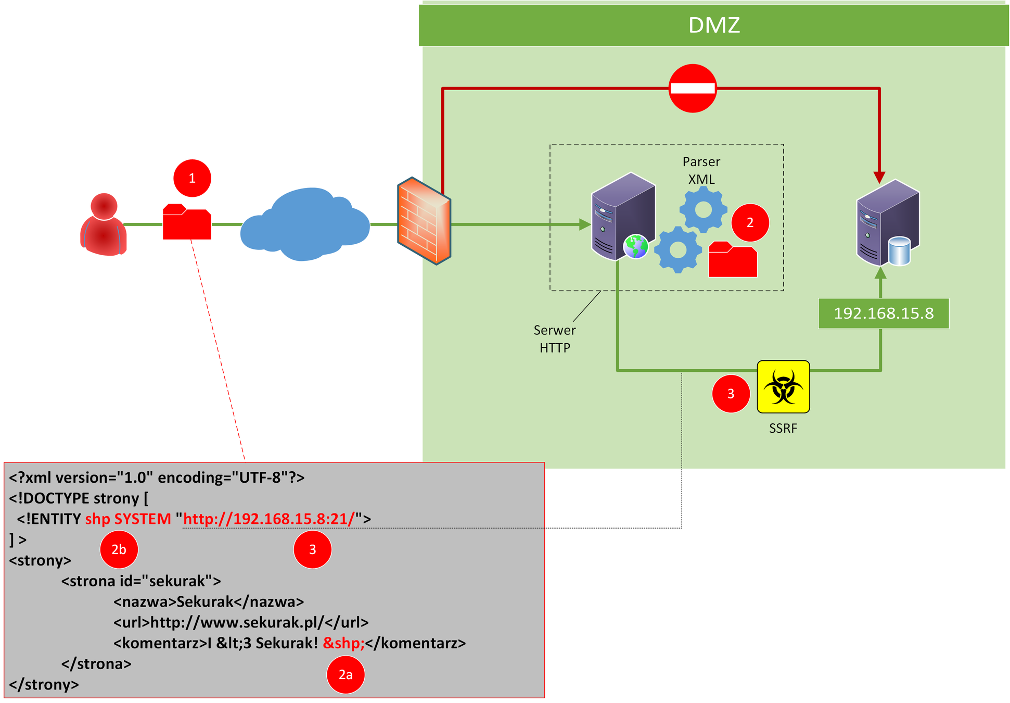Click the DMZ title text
714,25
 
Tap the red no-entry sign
693,88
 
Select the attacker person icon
104,225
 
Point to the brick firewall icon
424,221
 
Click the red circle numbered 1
192,178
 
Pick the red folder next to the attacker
187,222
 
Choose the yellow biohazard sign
783,386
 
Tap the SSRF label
783,428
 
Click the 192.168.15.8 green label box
883,313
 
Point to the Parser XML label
701,170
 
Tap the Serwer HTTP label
555,339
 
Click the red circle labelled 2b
119,549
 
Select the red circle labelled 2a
346,674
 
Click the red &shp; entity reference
343,643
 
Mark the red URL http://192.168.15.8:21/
269,519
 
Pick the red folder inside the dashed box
733,259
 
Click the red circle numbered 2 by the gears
750,222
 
